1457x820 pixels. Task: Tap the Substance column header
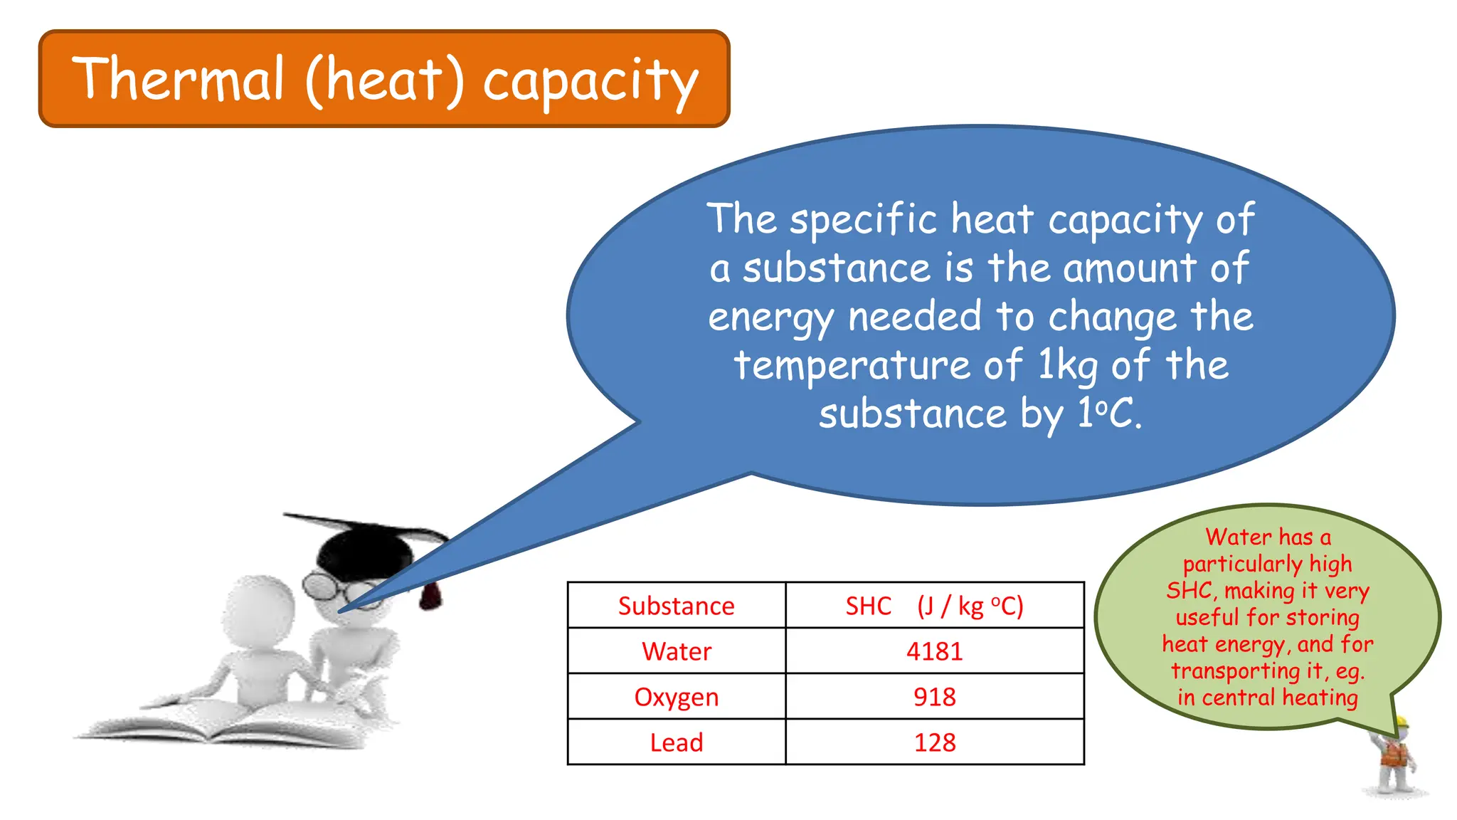(x=676, y=606)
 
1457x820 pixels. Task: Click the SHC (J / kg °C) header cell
(x=934, y=606)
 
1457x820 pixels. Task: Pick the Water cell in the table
(x=676, y=651)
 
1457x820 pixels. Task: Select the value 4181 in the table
(x=934, y=651)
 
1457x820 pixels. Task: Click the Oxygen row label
(x=676, y=697)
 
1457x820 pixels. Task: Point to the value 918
(x=934, y=697)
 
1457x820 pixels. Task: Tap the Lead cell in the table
(x=676, y=742)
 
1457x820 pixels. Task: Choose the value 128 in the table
(x=934, y=742)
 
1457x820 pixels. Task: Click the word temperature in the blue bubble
(x=852, y=365)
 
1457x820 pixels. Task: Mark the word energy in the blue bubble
(x=770, y=317)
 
